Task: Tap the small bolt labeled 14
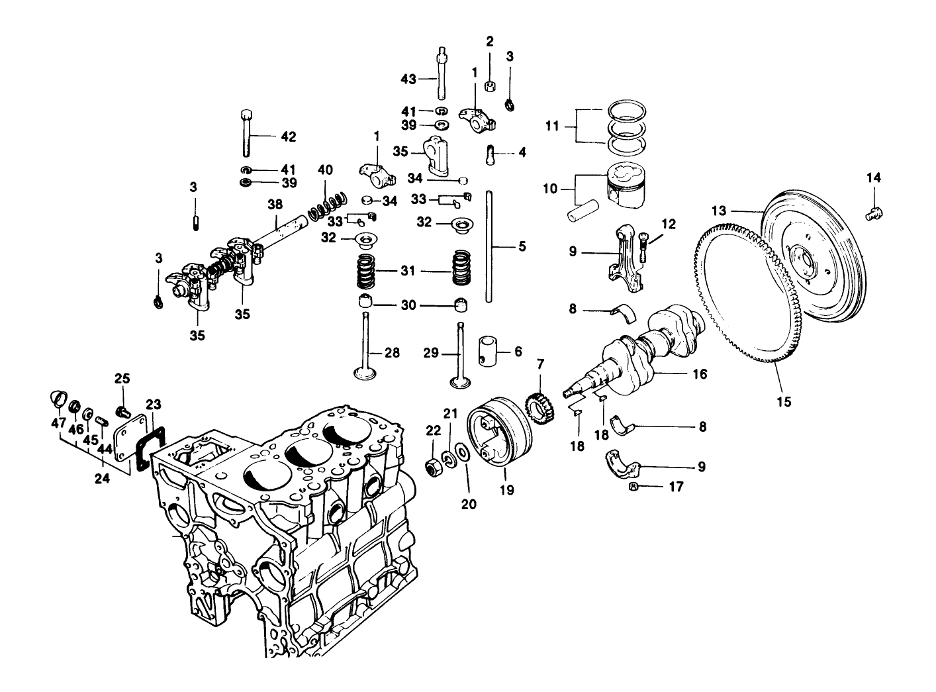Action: (x=875, y=212)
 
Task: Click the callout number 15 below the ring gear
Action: (x=784, y=401)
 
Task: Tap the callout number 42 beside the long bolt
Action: (x=288, y=137)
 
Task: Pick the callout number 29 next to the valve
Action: (x=432, y=354)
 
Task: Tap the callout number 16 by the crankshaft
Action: (x=700, y=375)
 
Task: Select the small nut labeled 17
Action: (x=632, y=487)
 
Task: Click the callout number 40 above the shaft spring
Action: (x=325, y=170)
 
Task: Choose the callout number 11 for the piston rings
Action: (x=553, y=125)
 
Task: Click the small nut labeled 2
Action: (x=490, y=85)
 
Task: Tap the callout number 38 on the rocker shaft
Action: (x=275, y=205)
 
